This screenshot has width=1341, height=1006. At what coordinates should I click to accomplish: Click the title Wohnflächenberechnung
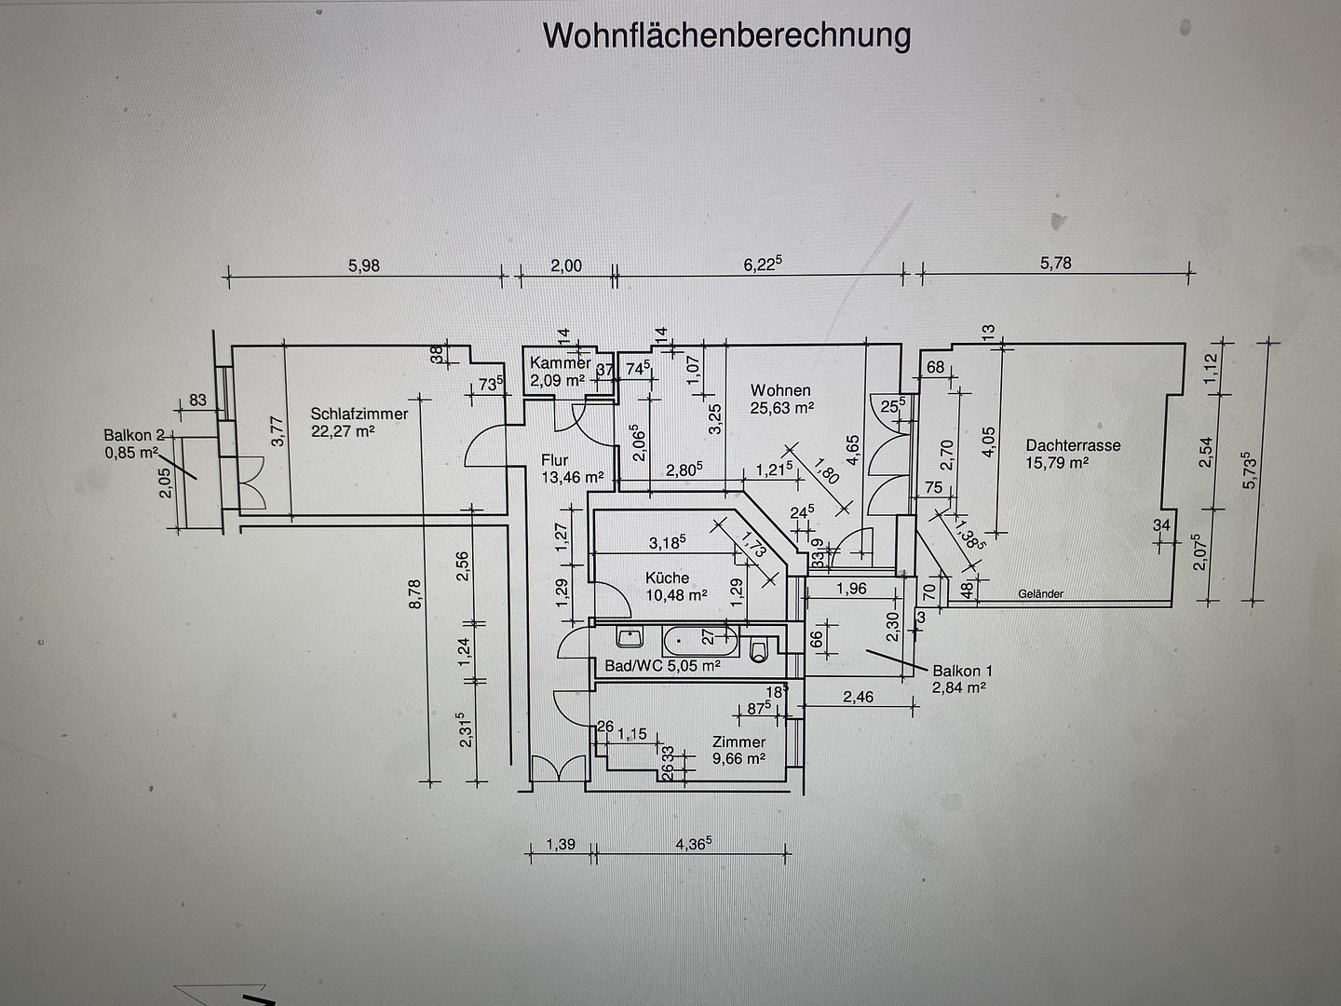coord(726,36)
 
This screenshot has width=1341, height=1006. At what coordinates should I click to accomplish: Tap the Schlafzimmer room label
coord(359,414)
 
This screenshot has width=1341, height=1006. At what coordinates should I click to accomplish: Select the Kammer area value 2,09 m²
coord(557,381)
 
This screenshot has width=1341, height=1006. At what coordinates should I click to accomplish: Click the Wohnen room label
coord(780,389)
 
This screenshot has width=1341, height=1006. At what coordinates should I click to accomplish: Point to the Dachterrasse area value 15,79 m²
coord(1057,462)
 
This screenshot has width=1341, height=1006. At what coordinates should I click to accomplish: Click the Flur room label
coord(555,459)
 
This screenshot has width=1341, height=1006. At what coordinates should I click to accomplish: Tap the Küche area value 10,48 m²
coord(676,595)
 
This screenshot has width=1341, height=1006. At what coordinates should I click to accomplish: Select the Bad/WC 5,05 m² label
coord(662,665)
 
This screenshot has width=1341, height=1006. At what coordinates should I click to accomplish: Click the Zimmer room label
coord(738,742)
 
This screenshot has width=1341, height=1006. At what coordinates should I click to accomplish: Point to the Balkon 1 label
coord(962,671)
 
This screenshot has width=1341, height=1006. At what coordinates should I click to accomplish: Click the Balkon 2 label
coord(134,435)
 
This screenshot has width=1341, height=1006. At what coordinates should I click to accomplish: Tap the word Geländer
coord(1041,593)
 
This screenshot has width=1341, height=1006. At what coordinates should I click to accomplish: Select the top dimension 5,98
coord(364,265)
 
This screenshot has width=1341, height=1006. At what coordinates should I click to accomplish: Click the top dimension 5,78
coord(1056,263)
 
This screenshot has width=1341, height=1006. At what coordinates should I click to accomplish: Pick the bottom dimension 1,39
coord(561,844)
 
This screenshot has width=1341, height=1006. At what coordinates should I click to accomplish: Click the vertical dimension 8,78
coord(414,593)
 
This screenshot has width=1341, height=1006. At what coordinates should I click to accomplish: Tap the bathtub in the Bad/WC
coord(699,642)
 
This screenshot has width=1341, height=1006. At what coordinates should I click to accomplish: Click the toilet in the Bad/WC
coord(758,650)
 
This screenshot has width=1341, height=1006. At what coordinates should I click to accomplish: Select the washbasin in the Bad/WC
coord(630,638)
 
